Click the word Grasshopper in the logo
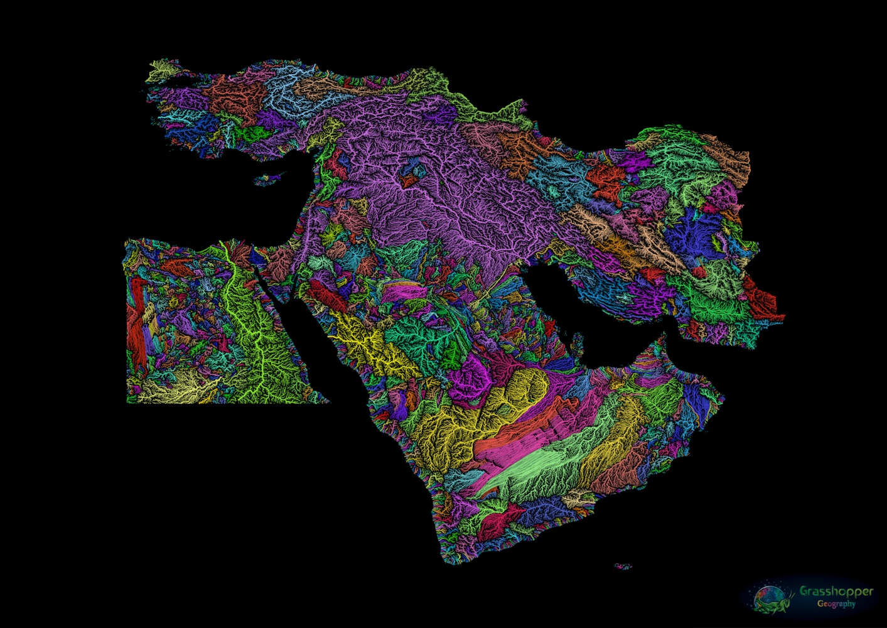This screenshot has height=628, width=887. pyautogui.click(x=836, y=592)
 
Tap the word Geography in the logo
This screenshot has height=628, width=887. pyautogui.click(x=836, y=604)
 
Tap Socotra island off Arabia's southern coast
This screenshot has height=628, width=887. pyautogui.click(x=623, y=566)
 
